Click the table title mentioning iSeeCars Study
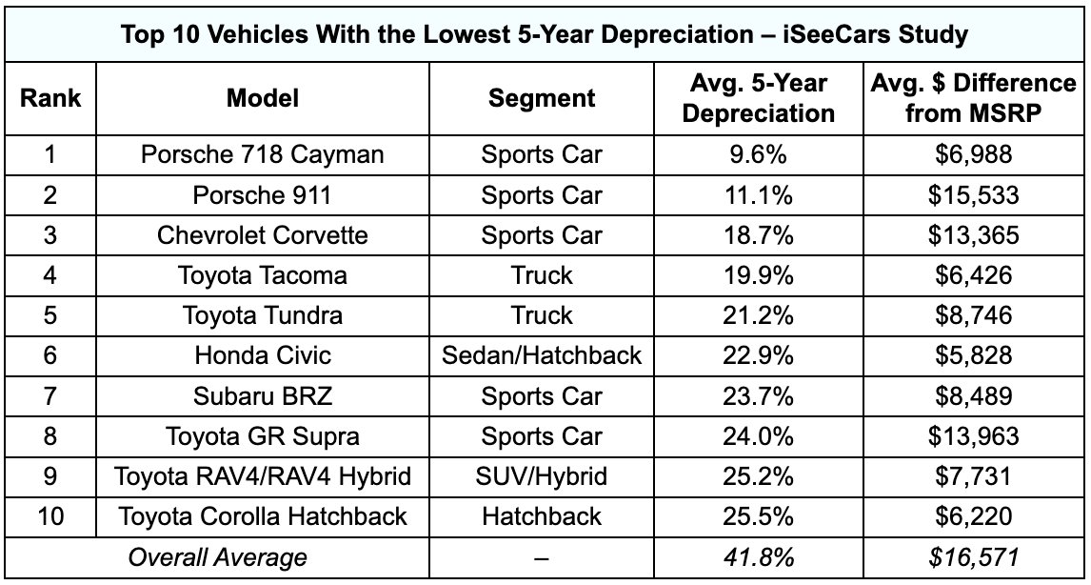[545, 35]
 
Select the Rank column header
[50, 97]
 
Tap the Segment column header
[542, 97]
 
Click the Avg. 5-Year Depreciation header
[758, 97]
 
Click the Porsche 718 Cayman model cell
[262, 154]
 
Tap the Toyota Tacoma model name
[262, 275]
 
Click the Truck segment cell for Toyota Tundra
[542, 315]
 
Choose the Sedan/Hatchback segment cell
[542, 355]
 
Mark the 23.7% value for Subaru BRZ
[758, 395]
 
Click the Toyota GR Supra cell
[262, 436]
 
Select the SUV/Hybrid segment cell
[542, 476]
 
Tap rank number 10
[50, 516]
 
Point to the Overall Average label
[218, 557]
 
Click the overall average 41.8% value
[758, 557]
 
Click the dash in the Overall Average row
[542, 557]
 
